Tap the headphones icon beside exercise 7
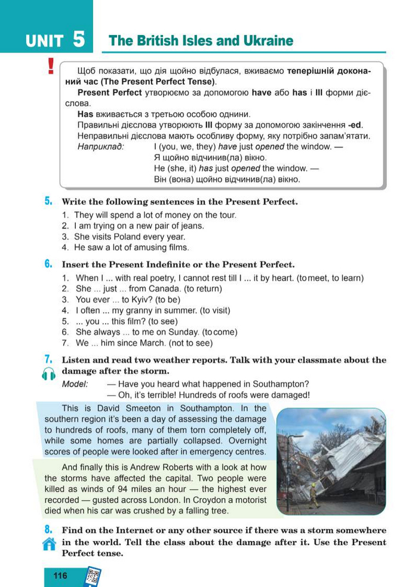pyautogui.click(x=49, y=374)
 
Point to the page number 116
pyautogui.click(x=60, y=576)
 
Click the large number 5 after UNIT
pyautogui.click(x=79, y=40)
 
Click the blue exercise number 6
pyautogui.click(x=48, y=264)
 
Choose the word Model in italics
pyautogui.click(x=75, y=384)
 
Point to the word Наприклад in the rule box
pyautogui.click(x=100, y=147)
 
